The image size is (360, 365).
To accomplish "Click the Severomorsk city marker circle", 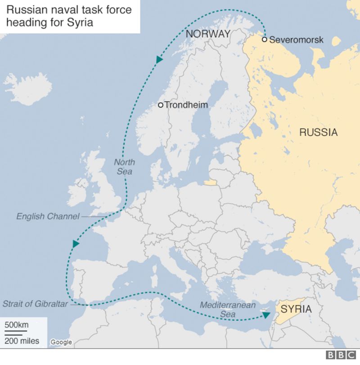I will pyautogui.click(x=265, y=40).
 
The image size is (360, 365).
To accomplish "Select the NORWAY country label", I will pyautogui.click(x=208, y=34).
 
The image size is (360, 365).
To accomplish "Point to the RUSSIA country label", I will pyautogui.click(x=318, y=132).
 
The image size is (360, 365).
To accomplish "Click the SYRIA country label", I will pyautogui.click(x=296, y=309).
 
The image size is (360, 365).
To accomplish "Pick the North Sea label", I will pyautogui.click(x=124, y=167).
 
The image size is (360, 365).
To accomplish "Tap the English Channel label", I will pyautogui.click(x=48, y=216).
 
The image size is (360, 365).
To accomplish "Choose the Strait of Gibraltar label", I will pyautogui.click(x=35, y=304).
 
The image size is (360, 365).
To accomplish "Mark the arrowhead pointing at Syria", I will pyautogui.click(x=266, y=316).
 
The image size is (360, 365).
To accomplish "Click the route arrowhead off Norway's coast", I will pyautogui.click(x=159, y=59).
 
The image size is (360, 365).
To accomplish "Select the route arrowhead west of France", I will pyautogui.click(x=76, y=244).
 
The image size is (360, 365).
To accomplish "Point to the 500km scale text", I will pyautogui.click(x=17, y=325).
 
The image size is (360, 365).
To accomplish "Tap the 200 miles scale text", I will pyautogui.click(x=22, y=341).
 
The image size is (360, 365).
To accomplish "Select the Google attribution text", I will pyautogui.click(x=61, y=342).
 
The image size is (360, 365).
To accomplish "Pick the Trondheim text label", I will pyautogui.click(x=186, y=105).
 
